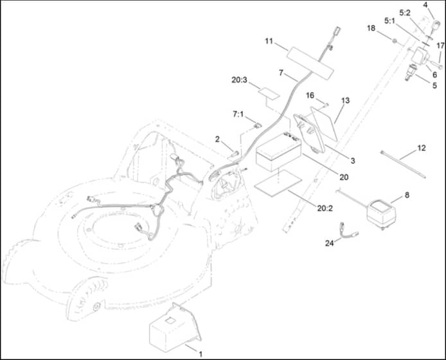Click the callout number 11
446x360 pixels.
pos(269,41)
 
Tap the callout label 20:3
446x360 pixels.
pos(239,80)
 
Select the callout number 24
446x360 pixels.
pos(330,243)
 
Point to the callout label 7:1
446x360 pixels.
pos(238,114)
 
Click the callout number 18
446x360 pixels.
pos(371,28)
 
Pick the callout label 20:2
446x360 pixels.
pos(325,208)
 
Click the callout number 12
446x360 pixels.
pos(422,148)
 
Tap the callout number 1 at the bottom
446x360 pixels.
pos(201,354)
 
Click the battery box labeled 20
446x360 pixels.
pos(278,152)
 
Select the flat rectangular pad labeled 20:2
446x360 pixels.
pos(278,183)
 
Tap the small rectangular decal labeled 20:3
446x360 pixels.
pos(269,93)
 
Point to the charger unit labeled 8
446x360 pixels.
pos(382,212)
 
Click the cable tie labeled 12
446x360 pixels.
pos(403,165)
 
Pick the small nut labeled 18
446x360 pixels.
pos(394,41)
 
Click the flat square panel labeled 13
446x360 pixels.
pos(325,124)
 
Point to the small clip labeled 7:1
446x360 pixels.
pos(258,125)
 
